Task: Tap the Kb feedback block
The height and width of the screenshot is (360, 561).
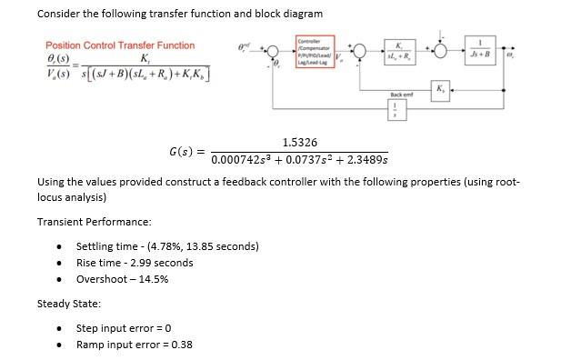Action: point(441,87)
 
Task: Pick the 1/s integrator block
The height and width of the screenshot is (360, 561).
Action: point(395,112)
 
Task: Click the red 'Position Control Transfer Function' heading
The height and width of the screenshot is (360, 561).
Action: point(120,45)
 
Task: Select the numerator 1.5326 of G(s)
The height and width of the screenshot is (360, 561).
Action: point(300,143)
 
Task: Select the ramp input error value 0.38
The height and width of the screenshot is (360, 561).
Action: point(181,345)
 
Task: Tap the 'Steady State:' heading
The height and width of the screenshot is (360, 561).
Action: point(68,304)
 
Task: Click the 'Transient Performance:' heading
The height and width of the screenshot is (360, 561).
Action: point(94,222)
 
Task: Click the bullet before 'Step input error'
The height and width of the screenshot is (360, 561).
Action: point(59,328)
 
